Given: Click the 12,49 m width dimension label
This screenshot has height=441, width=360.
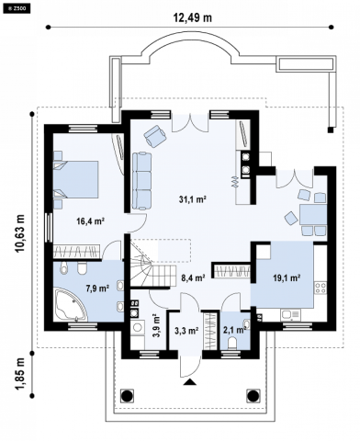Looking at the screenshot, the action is (x=193, y=17).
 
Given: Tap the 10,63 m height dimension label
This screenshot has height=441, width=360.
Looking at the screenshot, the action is (x=20, y=233).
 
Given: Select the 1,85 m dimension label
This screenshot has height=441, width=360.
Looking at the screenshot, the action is (x=20, y=374).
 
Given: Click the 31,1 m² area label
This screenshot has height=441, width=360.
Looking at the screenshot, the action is (x=192, y=200).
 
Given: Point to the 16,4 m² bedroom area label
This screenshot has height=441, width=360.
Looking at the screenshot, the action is (x=91, y=221).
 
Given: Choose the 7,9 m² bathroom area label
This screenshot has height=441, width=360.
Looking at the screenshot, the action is (x=97, y=288).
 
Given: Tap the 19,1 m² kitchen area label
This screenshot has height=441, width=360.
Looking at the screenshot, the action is (x=287, y=278).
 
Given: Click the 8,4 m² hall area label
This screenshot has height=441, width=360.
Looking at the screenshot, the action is (x=193, y=278).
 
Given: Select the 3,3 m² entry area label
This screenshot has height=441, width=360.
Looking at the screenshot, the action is (x=186, y=331).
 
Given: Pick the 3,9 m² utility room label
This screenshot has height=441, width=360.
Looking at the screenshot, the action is (x=156, y=325).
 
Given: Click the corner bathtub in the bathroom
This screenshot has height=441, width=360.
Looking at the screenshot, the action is (x=70, y=304).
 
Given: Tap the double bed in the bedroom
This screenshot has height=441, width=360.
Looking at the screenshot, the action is (x=76, y=179).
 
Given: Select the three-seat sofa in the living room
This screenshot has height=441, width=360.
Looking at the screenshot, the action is (x=142, y=181).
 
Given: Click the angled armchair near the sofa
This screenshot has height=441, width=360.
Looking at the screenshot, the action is (x=155, y=136).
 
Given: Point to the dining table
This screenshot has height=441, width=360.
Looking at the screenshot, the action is (x=313, y=215).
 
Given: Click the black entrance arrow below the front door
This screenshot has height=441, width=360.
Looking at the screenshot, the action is (x=190, y=381).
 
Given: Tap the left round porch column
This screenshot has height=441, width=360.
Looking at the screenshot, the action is (x=127, y=396).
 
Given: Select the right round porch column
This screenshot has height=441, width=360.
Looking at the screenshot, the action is (x=253, y=396).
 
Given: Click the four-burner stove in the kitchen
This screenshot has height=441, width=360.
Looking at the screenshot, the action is (x=321, y=288).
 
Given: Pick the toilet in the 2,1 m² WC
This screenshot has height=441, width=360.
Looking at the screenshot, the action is (x=233, y=343).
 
